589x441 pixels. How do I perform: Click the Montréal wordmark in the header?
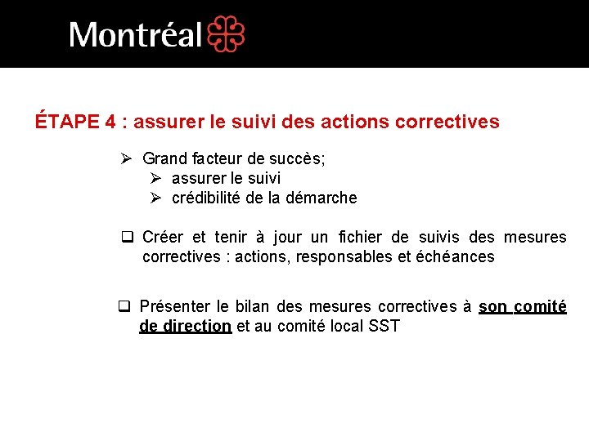pyautogui.click(x=135, y=35)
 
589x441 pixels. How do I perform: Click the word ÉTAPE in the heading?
pyautogui.click(x=68, y=122)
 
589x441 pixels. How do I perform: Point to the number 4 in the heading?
pyautogui.click(x=110, y=122)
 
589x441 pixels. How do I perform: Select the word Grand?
pyautogui.click(x=164, y=158)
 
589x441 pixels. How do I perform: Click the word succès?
pyautogui.click(x=298, y=158)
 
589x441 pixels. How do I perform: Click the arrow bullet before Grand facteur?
pyautogui.click(x=127, y=158)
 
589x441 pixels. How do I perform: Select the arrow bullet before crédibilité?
pyautogui.click(x=156, y=198)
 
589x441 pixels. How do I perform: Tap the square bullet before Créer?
pyautogui.click(x=127, y=238)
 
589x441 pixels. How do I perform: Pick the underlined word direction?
pyautogui.click(x=196, y=327)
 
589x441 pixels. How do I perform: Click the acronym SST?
pyautogui.click(x=384, y=327)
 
